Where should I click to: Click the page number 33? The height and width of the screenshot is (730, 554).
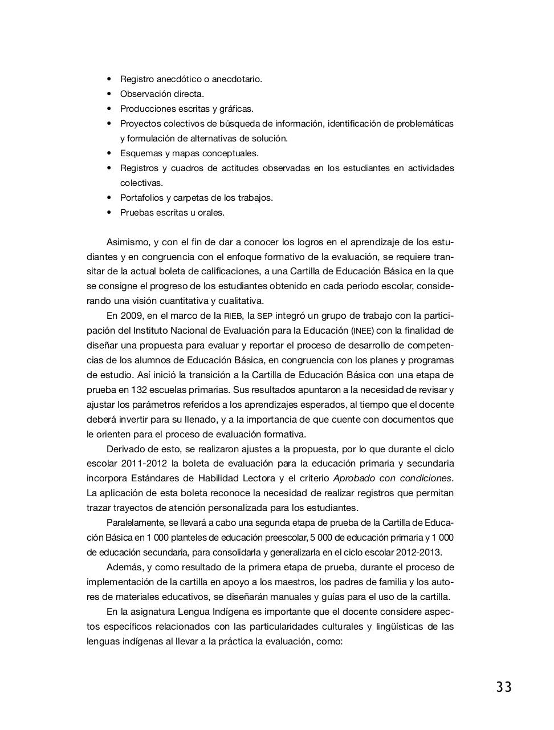503,687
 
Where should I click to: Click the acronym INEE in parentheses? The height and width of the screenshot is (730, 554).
362,331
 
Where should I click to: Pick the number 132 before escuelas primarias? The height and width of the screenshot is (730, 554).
140,390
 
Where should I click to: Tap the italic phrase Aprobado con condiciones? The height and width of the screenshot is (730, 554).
392,478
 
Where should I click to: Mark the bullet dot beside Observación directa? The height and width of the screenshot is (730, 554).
108,94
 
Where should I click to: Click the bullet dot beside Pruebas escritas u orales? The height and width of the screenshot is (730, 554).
108,212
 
